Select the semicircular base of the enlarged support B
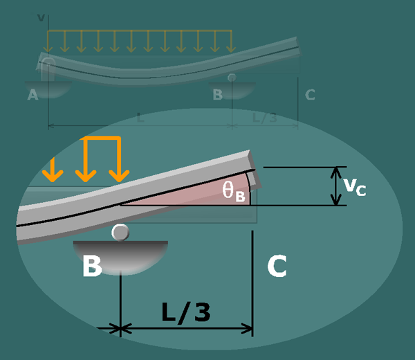[121, 253]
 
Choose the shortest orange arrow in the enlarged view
[50, 168]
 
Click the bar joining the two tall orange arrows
[102, 138]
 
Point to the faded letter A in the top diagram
[33, 96]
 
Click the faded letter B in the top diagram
[217, 95]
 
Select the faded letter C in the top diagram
[309, 95]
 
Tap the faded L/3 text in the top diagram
[264, 118]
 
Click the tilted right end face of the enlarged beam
[257, 169]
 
